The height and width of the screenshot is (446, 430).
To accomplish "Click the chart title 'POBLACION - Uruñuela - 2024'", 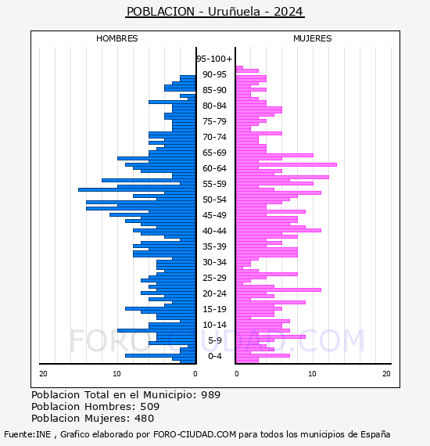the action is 215,12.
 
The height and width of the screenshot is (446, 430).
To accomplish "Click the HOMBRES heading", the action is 116,38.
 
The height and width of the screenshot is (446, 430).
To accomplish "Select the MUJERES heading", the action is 313,38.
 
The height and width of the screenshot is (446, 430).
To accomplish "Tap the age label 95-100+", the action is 214,59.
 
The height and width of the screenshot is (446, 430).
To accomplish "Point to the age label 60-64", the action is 214,168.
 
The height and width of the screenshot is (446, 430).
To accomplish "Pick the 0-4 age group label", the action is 214,356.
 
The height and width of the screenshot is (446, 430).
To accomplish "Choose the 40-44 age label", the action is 214,231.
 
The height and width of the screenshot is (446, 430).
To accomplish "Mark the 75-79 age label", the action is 214,121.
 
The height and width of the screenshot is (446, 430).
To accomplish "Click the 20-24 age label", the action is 214,293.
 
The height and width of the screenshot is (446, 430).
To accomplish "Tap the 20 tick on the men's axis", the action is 43,374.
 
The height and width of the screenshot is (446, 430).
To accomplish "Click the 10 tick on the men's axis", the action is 116,374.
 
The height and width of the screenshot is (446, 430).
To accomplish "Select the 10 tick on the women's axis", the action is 312,374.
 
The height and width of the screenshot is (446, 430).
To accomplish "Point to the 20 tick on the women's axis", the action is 386,374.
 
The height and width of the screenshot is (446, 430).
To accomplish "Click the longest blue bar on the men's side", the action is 137,189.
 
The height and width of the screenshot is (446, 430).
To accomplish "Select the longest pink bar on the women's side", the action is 286,164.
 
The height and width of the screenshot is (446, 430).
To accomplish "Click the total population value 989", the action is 210,395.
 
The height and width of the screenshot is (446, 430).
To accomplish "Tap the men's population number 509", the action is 150,406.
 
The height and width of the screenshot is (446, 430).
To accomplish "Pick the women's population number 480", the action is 145,418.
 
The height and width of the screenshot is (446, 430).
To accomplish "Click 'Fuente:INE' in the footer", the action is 27,434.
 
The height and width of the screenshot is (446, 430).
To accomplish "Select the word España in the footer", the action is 375,434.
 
